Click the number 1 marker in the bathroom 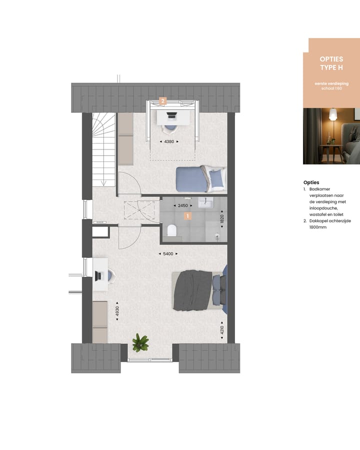point(188,216)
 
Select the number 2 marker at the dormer point(162,101)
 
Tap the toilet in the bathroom point(172,230)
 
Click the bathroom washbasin point(206,203)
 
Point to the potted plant point(140,342)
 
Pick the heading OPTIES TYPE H point(331,63)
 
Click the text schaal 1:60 point(331,88)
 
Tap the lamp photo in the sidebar point(331,136)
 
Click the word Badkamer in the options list point(320,189)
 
